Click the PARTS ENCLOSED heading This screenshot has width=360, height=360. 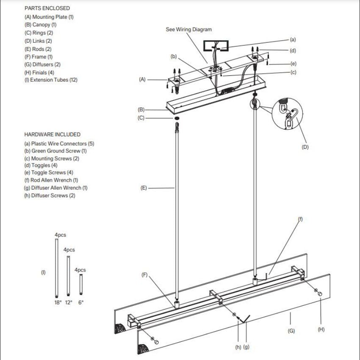[x=47, y=8]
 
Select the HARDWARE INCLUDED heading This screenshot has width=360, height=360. [x=52, y=134]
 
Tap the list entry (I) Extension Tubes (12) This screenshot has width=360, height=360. [x=51, y=80]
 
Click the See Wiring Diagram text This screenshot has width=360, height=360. [x=188, y=30]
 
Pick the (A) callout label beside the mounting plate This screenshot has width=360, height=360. [x=142, y=79]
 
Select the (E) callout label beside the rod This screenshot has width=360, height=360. [x=144, y=188]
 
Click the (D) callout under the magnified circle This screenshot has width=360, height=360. [x=305, y=147]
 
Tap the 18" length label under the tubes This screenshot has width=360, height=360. [x=58, y=303]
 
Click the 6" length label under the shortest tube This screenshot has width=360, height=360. [x=80, y=303]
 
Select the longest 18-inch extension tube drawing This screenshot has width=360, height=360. [x=57, y=269]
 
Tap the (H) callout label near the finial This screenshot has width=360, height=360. [x=321, y=330]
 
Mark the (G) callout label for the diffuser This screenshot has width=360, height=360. [x=291, y=331]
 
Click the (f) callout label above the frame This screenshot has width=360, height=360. [x=300, y=219]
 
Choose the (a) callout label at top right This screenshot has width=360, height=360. [x=293, y=39]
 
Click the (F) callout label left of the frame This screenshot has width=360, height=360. [x=144, y=275]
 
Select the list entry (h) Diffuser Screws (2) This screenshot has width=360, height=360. [x=50, y=196]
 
